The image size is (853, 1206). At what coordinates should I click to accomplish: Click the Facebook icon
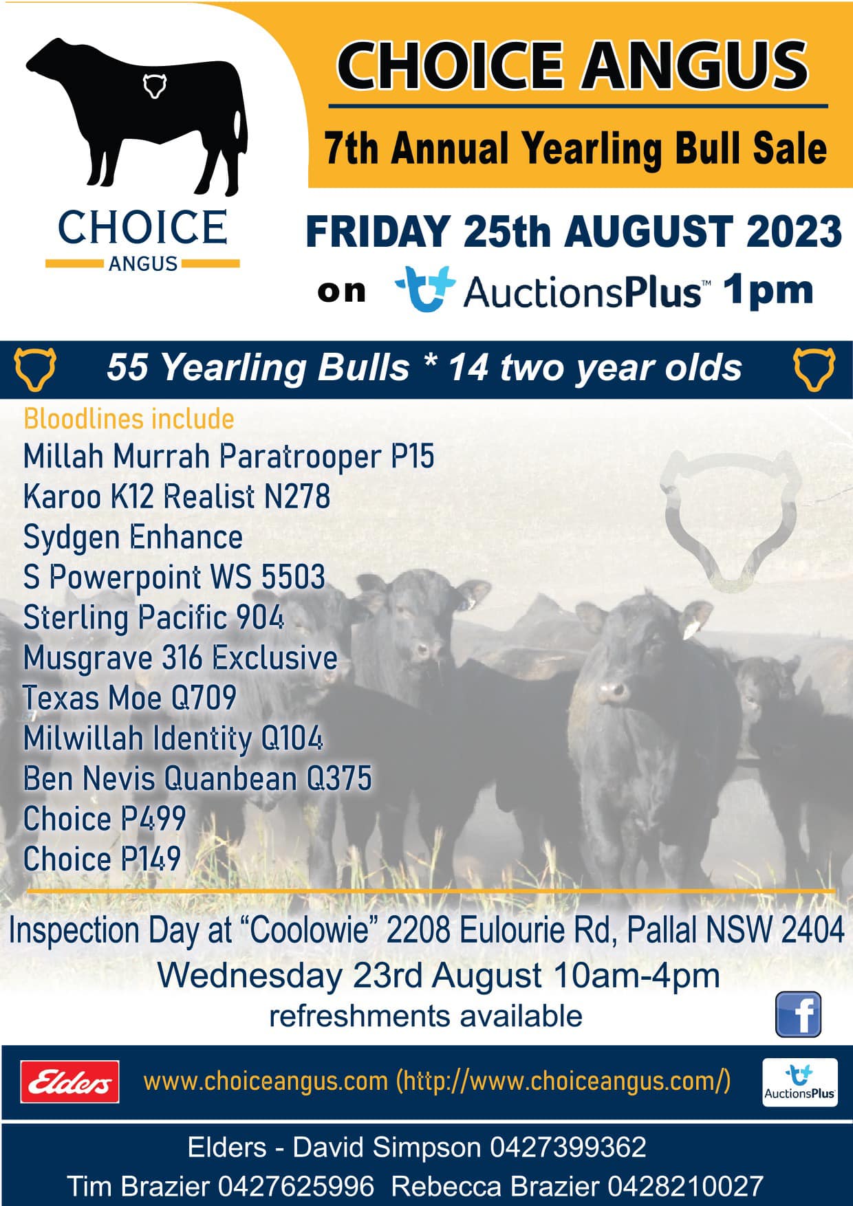coord(798,1014)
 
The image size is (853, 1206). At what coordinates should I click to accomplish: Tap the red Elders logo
coord(69,1082)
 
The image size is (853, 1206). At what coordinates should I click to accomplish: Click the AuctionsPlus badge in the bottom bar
coord(800,1082)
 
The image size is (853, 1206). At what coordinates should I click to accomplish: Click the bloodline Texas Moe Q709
coord(130,698)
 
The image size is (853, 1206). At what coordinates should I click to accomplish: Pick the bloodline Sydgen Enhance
coord(133,537)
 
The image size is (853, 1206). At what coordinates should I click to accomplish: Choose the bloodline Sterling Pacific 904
coord(153,617)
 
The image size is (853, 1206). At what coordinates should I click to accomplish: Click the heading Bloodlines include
coord(129,419)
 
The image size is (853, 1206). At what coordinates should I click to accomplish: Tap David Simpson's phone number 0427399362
coord(568,1147)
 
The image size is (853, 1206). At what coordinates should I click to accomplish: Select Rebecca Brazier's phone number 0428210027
coord(685,1186)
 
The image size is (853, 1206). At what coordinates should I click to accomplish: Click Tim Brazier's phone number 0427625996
coord(296,1186)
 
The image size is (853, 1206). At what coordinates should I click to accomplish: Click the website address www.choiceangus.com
coord(266,1082)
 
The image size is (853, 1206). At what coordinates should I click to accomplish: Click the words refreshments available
coord(426,1016)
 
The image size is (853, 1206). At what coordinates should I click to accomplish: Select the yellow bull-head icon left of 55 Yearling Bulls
coord(35,369)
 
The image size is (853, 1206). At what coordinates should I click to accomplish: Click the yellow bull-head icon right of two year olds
coord(814,369)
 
